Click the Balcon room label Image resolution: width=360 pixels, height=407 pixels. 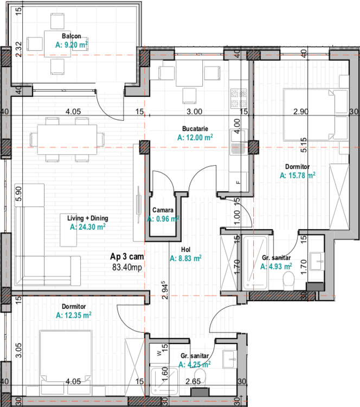(x=71, y=36)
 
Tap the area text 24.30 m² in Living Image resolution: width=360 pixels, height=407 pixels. (x=87, y=227)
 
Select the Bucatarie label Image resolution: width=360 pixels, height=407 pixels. (x=195, y=129)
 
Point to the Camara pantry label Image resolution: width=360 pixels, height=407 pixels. (x=163, y=210)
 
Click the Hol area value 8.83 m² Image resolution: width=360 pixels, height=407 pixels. (x=185, y=259)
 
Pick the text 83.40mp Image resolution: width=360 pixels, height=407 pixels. (x=127, y=267)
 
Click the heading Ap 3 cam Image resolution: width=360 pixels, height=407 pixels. (x=127, y=257)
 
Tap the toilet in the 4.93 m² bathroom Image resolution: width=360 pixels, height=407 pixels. (x=288, y=281)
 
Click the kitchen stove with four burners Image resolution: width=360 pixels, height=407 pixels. (x=239, y=99)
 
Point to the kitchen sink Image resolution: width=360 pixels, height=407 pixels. (x=238, y=142)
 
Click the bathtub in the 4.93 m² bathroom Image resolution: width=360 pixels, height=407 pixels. (x=255, y=263)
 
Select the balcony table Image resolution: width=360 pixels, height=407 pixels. (x=57, y=44)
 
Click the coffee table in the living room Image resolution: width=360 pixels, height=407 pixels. (x=68, y=230)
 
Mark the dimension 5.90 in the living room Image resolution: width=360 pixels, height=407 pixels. (x=18, y=194)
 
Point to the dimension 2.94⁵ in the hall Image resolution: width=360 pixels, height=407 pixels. (x=165, y=290)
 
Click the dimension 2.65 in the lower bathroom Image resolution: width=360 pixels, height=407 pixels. (x=193, y=382)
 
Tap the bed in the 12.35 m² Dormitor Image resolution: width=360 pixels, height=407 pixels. (x=66, y=359)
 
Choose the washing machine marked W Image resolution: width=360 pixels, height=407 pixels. (x=159, y=353)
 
